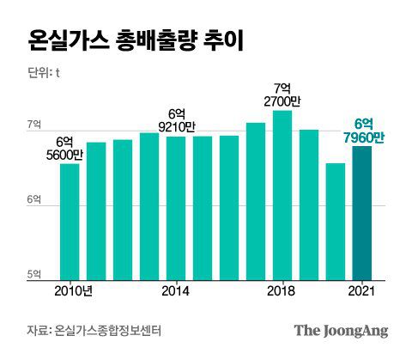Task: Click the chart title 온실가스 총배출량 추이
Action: click(x=136, y=40)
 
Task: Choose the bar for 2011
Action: click(x=96, y=211)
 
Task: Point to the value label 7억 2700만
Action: click(x=282, y=95)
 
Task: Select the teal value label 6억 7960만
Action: click(x=362, y=130)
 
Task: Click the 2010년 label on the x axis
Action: click(x=72, y=291)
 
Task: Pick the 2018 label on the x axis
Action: click(x=282, y=291)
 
